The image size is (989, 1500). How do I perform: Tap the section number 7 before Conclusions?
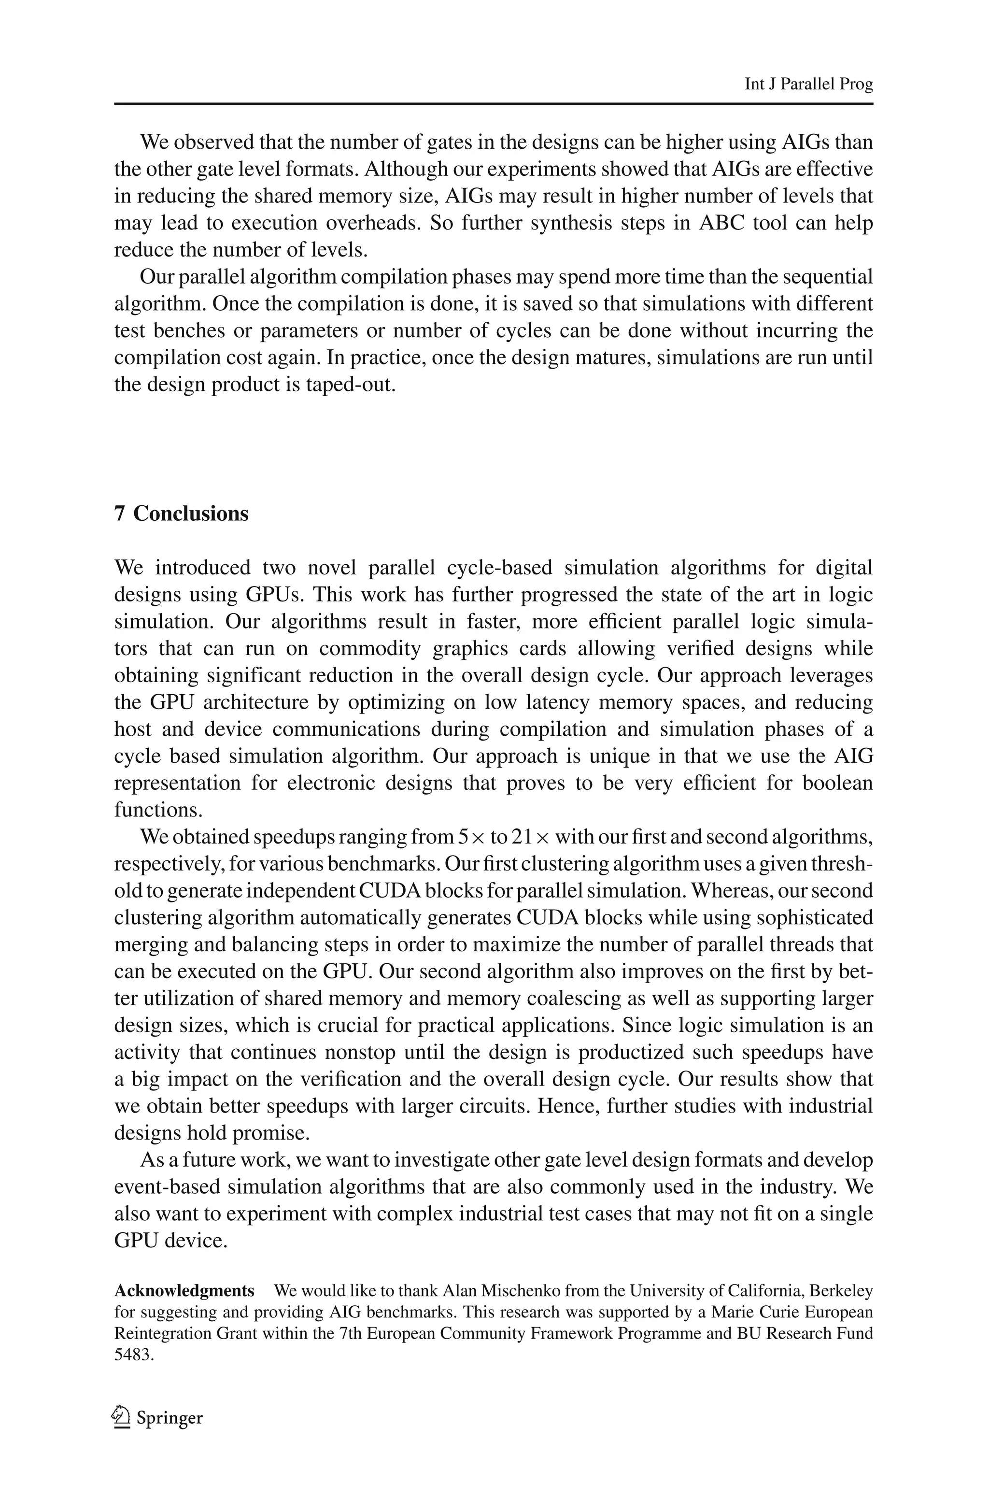click(119, 514)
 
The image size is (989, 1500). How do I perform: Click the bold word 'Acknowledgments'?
click(184, 1290)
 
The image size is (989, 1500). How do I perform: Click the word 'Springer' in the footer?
click(170, 1419)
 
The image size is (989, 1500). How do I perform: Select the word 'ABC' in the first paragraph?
click(722, 223)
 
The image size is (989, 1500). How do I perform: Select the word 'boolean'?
click(837, 783)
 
